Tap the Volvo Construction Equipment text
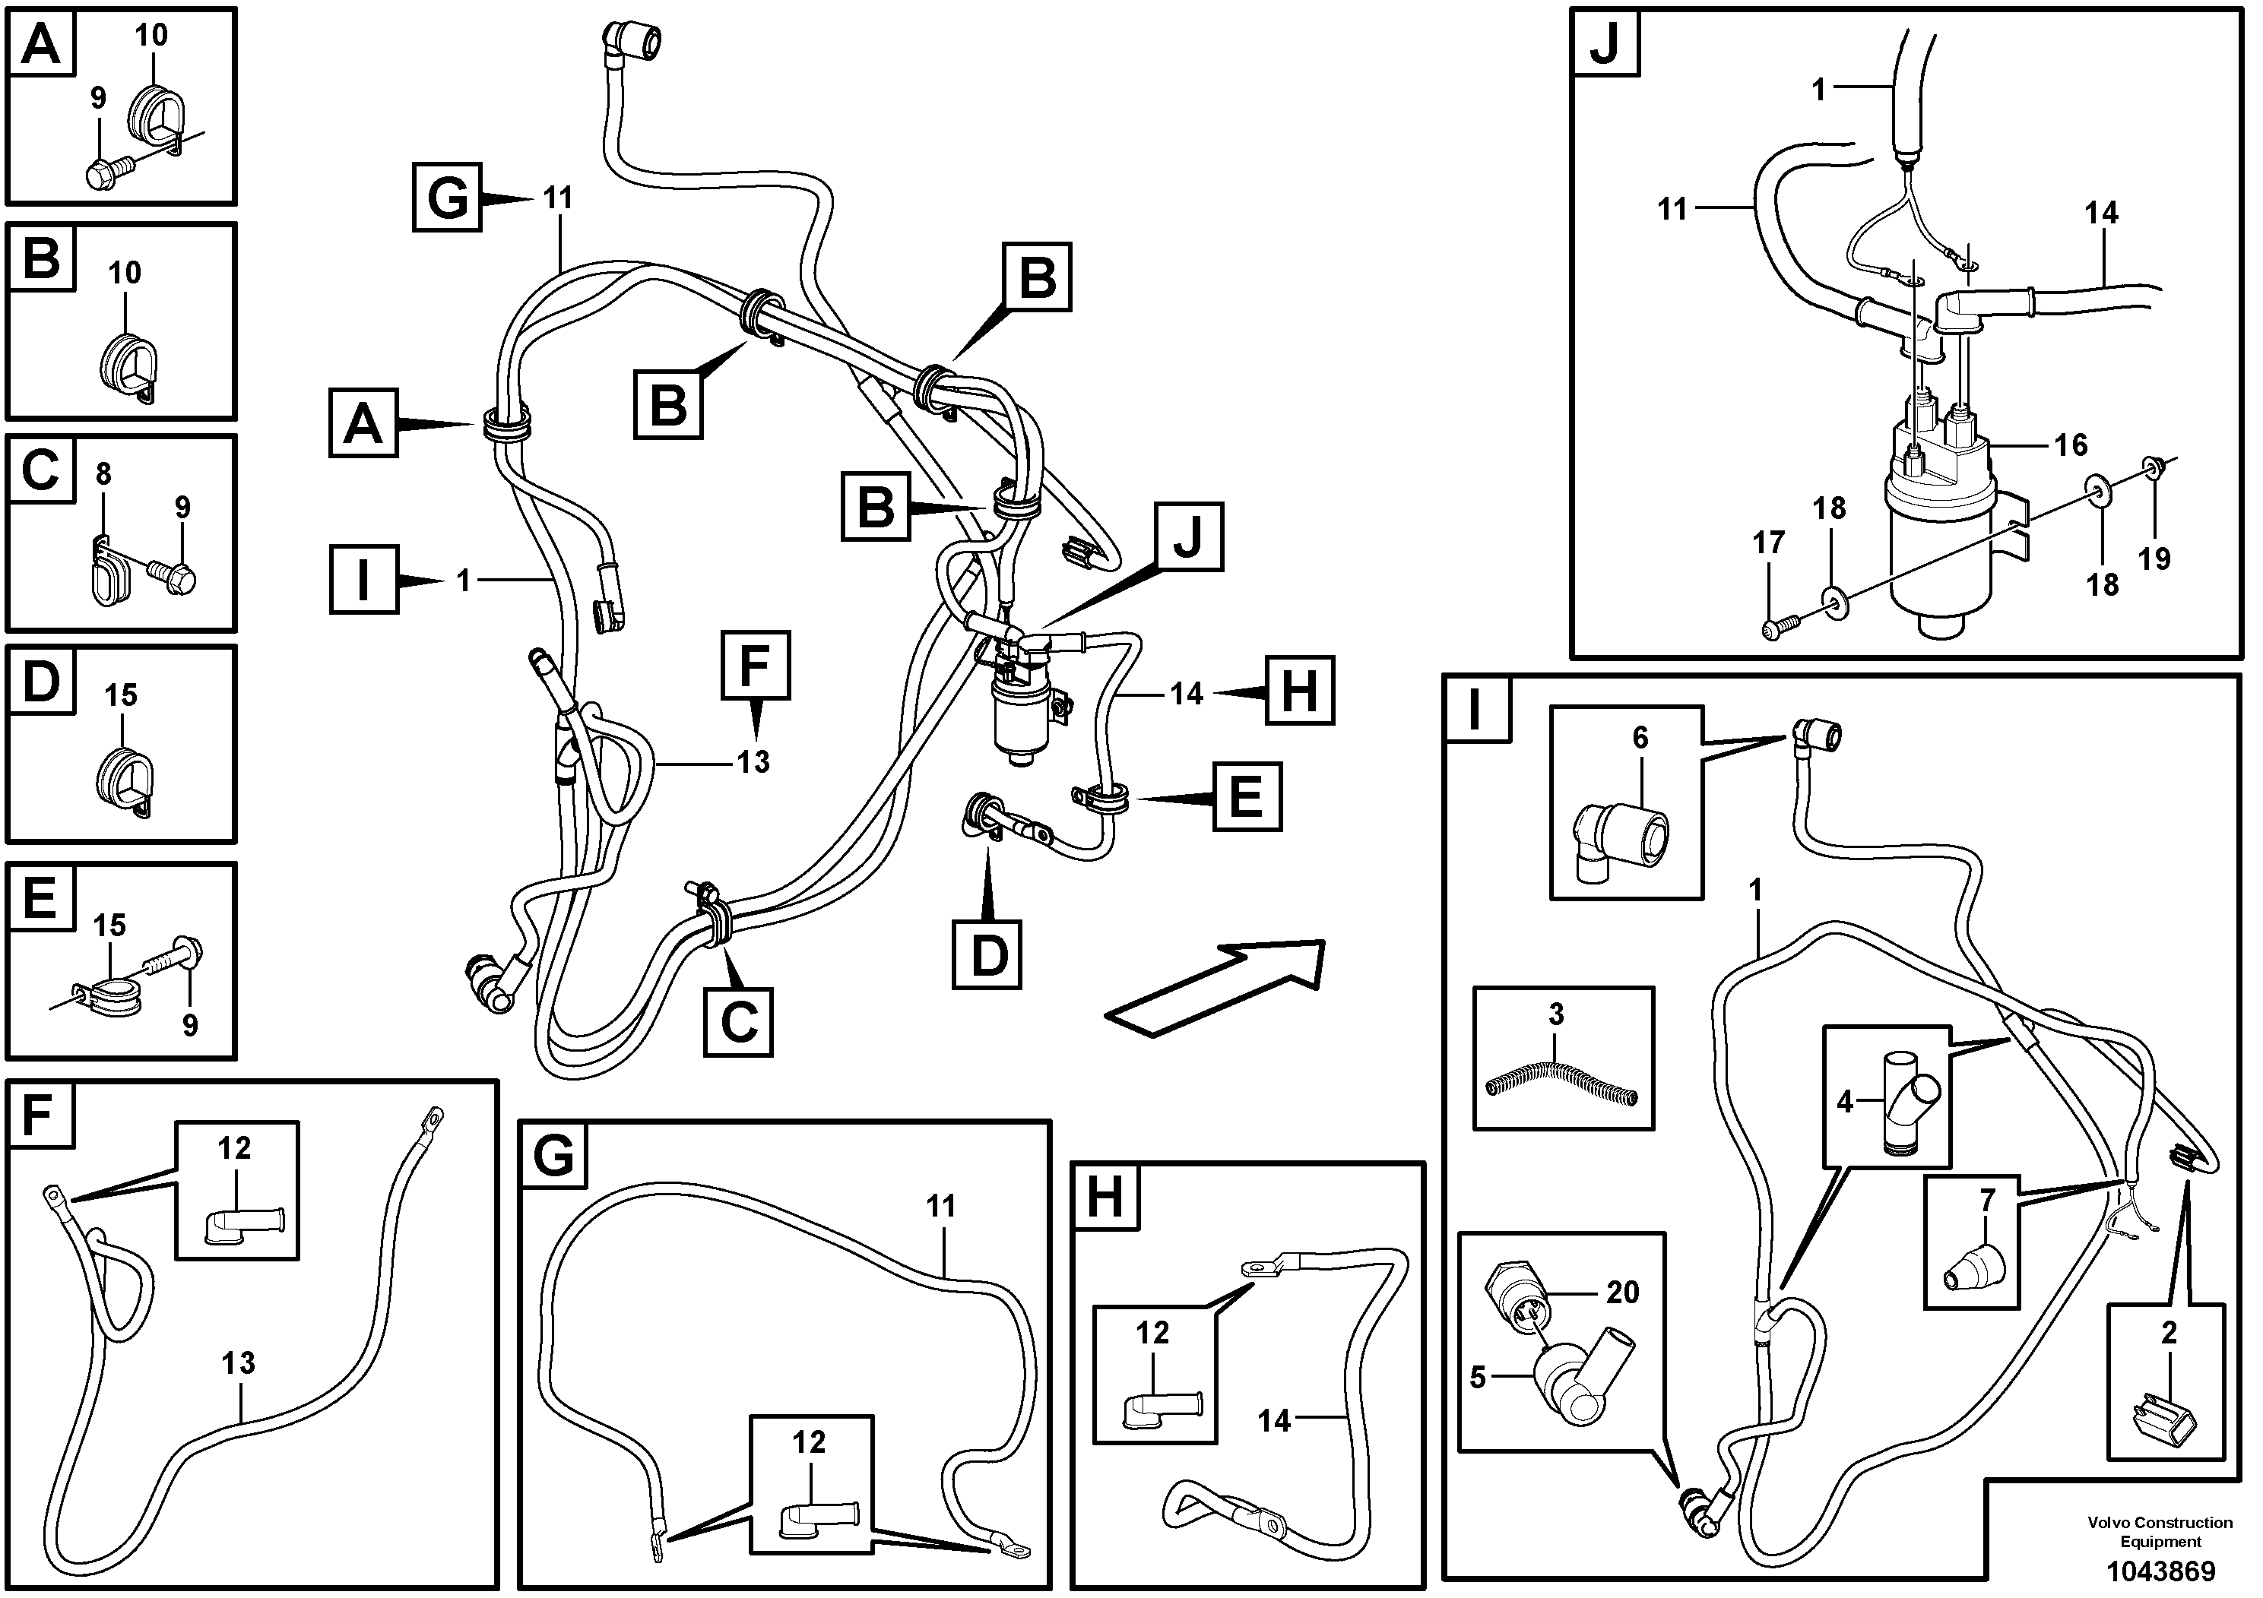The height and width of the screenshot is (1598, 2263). coord(2160,1531)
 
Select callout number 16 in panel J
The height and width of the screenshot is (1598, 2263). coord(2070,445)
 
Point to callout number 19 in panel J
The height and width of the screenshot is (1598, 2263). coord(2153,559)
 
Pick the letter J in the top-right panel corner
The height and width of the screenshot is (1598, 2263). coord(1605,44)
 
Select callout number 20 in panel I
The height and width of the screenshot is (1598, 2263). coord(1621,1292)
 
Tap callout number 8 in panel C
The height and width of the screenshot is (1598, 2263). coord(103,475)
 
